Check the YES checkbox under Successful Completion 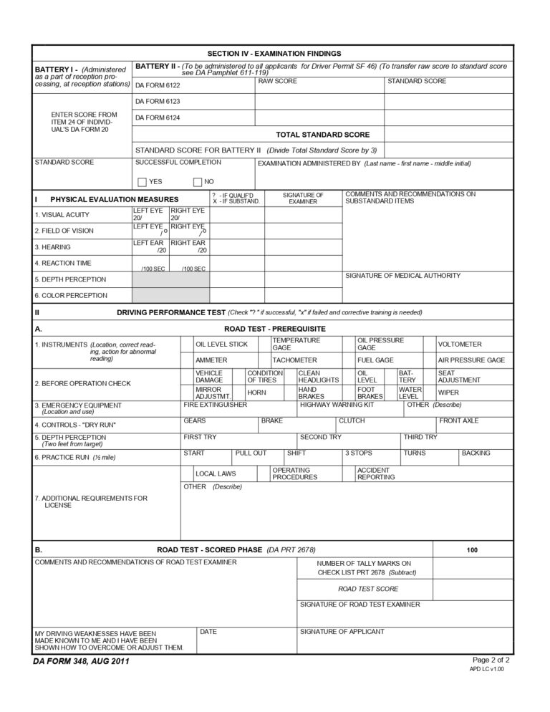click(x=142, y=182)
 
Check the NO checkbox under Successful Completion click(x=198, y=182)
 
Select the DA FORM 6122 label click(x=158, y=85)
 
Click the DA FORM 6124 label click(x=158, y=117)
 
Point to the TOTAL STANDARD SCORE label click(x=322, y=135)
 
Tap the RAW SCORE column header click(x=277, y=81)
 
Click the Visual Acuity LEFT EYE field click(x=150, y=214)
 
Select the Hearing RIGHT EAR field click(x=189, y=246)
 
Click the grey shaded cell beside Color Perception click(x=170, y=295)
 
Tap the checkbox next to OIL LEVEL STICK click(x=187, y=344)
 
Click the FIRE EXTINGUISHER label click(x=215, y=405)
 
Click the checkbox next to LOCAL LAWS click(x=187, y=473)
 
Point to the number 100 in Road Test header click(x=472, y=550)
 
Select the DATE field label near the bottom click(x=208, y=631)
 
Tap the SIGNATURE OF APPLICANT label click(x=342, y=631)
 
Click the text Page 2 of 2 click(x=491, y=659)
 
